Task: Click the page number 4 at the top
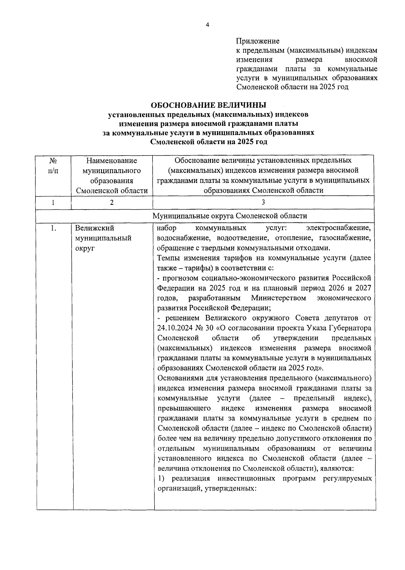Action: (208, 25)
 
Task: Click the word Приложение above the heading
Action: (258, 41)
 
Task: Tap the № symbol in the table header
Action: (53, 160)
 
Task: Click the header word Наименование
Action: (112, 161)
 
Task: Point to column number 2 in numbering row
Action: (112, 202)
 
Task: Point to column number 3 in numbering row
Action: (263, 202)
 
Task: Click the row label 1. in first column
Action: (53, 228)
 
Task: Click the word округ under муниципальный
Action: (85, 248)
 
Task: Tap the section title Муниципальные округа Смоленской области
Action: (230, 216)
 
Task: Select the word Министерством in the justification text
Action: (278, 298)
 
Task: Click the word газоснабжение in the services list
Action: (345, 238)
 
